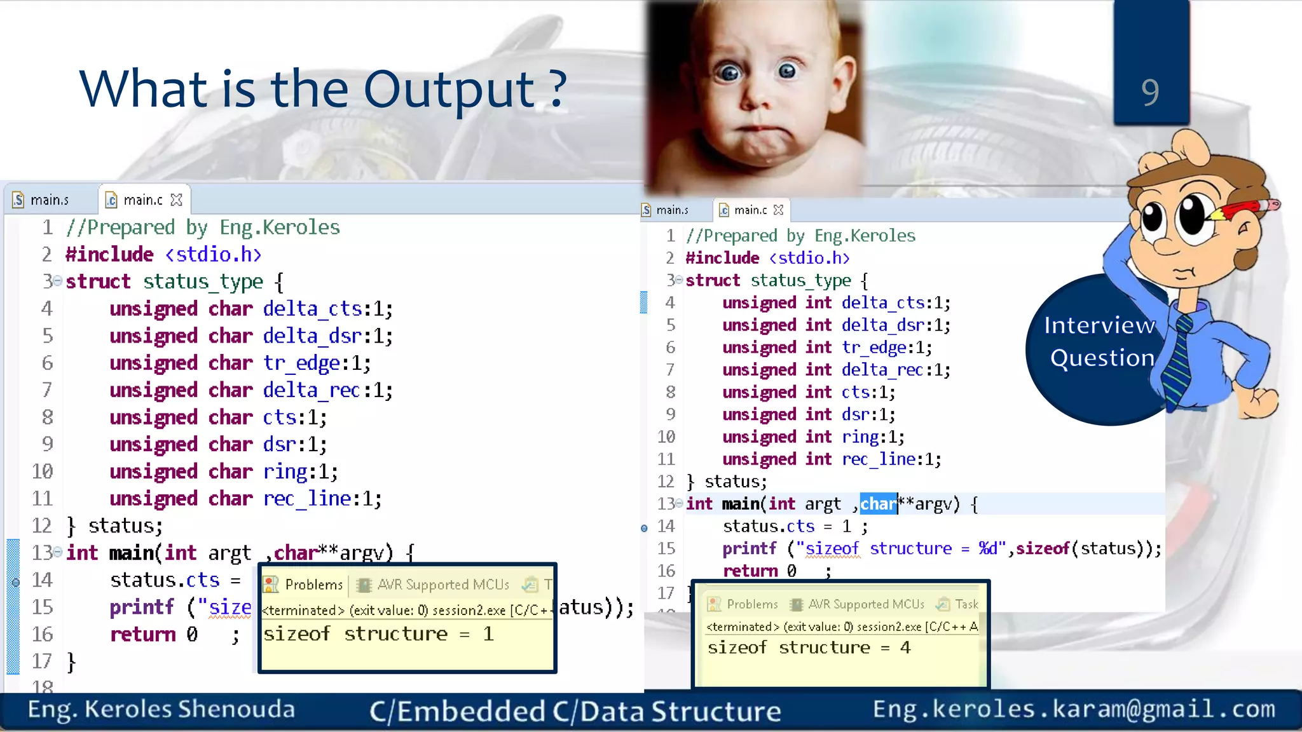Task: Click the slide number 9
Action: click(x=1150, y=92)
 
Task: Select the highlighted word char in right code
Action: click(x=878, y=504)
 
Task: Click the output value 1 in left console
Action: click(x=488, y=634)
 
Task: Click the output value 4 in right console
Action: click(x=905, y=647)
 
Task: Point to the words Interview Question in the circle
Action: click(x=1100, y=342)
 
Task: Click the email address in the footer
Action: click(x=1074, y=708)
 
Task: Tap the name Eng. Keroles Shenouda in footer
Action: click(x=161, y=709)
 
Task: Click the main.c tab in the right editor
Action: click(x=750, y=210)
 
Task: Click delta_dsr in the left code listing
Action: click(x=312, y=335)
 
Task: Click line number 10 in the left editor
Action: click(x=43, y=471)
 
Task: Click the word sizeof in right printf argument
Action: click(x=1043, y=548)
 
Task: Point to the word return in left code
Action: click(x=142, y=634)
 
